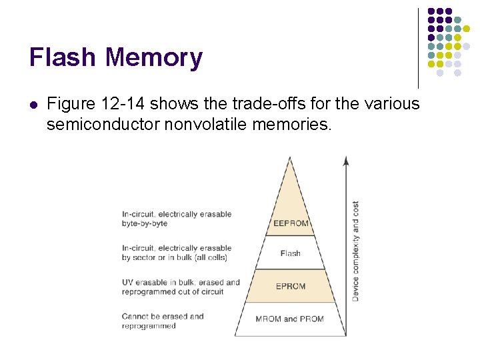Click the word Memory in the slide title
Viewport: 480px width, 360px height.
(x=153, y=57)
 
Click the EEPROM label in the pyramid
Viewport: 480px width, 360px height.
(x=291, y=223)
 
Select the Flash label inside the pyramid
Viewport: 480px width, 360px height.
(x=291, y=253)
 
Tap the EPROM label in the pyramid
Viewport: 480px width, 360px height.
(x=291, y=287)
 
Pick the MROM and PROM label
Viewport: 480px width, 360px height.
(x=289, y=319)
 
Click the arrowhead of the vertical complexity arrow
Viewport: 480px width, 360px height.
(x=345, y=160)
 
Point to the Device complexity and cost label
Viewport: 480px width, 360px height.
(x=355, y=251)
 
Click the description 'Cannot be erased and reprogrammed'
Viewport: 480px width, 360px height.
(x=163, y=321)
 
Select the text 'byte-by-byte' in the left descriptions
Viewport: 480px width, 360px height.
(x=145, y=224)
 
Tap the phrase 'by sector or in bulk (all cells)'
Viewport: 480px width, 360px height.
(x=175, y=257)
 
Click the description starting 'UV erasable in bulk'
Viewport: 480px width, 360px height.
(x=181, y=287)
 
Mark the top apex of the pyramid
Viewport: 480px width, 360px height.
(x=289, y=159)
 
